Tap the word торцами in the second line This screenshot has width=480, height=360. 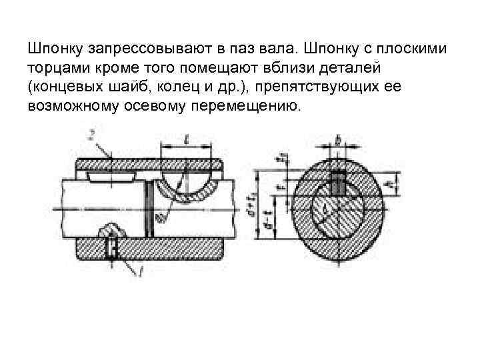[56, 69]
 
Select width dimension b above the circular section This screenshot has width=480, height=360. [339, 140]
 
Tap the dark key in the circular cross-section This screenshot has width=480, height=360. [339, 182]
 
